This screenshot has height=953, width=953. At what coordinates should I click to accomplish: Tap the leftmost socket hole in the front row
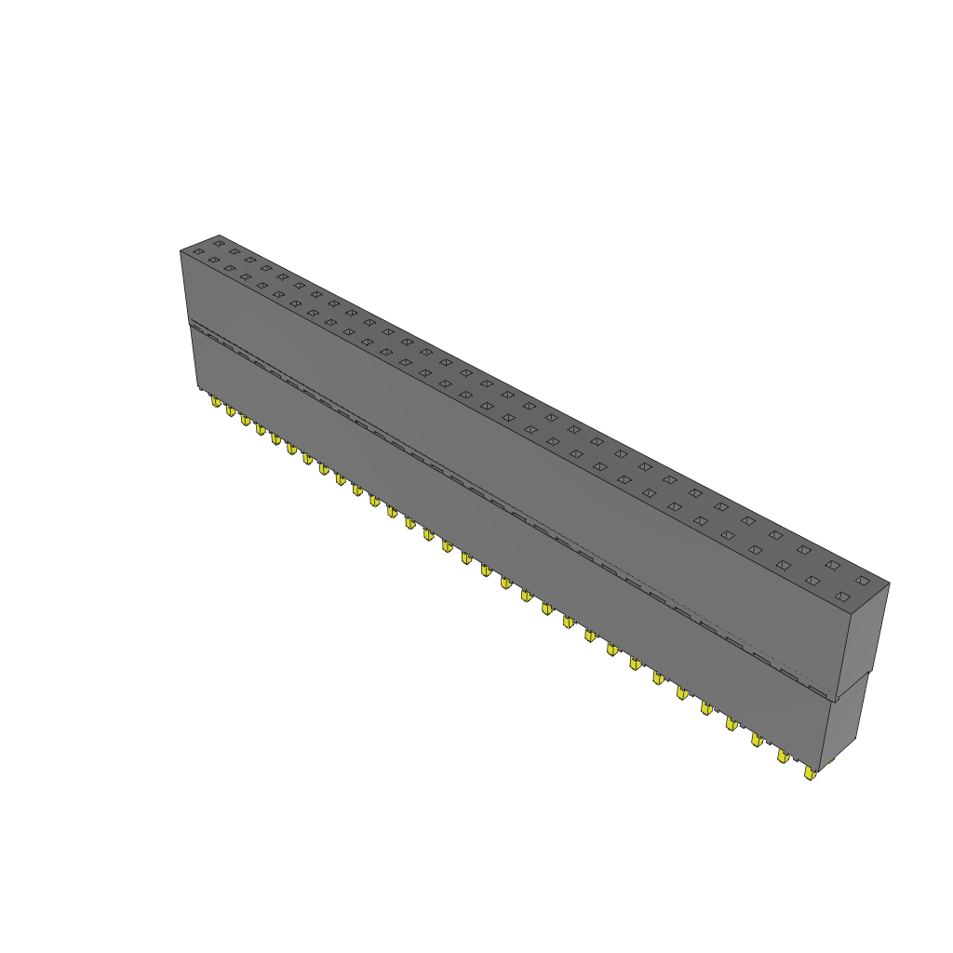click(197, 252)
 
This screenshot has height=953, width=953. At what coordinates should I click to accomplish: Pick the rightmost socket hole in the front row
click(843, 596)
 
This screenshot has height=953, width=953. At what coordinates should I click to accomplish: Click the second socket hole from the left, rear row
click(234, 251)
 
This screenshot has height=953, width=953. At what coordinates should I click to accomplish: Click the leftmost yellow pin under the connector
click(216, 402)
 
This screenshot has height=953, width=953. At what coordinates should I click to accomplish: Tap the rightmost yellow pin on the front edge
click(810, 772)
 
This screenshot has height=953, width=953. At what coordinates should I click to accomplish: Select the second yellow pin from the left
click(231, 410)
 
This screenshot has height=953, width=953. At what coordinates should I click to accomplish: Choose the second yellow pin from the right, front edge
click(783, 756)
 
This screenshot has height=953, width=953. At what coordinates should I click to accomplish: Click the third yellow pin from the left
click(246, 420)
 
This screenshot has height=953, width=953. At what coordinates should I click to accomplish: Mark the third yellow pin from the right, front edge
click(757, 739)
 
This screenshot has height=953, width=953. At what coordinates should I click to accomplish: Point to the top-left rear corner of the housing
click(219, 235)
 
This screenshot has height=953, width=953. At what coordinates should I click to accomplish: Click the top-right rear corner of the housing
click(889, 584)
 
